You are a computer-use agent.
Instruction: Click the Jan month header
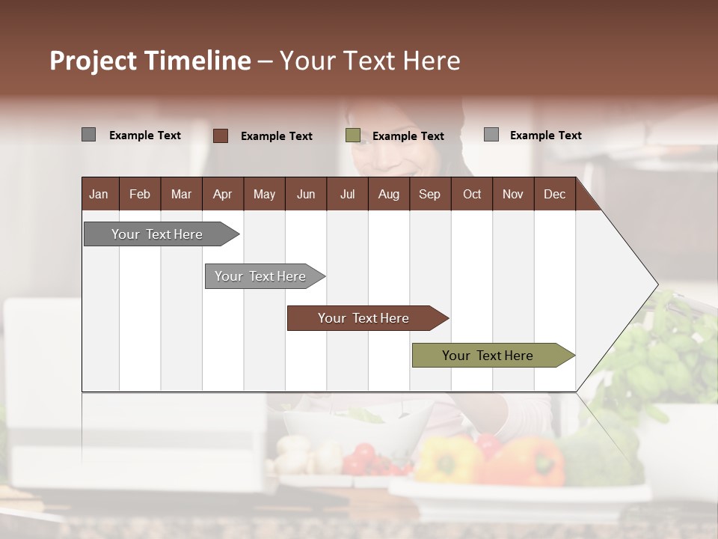pyautogui.click(x=99, y=194)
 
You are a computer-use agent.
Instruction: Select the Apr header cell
pyautogui.click(x=223, y=194)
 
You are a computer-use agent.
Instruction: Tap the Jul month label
pyautogui.click(x=347, y=194)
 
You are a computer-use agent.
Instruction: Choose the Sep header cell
pyautogui.click(x=430, y=194)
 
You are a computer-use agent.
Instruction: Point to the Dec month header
pyautogui.click(x=554, y=194)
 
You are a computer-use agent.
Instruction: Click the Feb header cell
pyautogui.click(x=140, y=194)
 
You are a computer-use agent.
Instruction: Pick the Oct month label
pyautogui.click(x=472, y=194)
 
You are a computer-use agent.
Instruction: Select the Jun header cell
pyautogui.click(x=306, y=194)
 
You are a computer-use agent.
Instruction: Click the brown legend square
pyautogui.click(x=220, y=135)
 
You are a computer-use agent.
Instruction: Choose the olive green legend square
pyautogui.click(x=353, y=135)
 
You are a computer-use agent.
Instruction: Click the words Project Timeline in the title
pyautogui.click(x=150, y=60)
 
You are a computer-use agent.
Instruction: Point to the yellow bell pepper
pyautogui.click(x=447, y=458)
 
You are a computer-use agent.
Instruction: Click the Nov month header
pyautogui.click(x=513, y=194)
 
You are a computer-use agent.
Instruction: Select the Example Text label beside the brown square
pyautogui.click(x=277, y=136)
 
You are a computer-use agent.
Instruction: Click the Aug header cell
pyautogui.click(x=389, y=194)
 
